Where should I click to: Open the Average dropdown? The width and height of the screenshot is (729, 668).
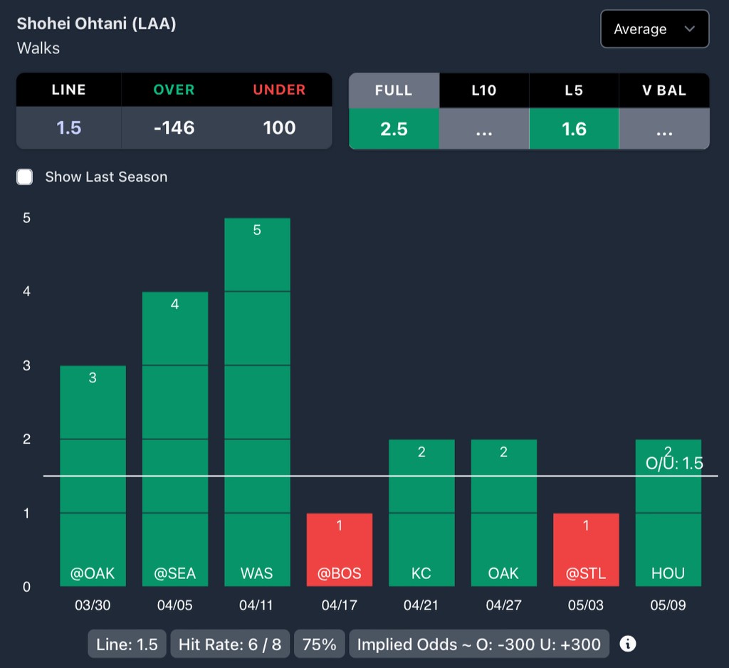(x=654, y=29)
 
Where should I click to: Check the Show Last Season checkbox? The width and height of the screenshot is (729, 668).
(x=25, y=177)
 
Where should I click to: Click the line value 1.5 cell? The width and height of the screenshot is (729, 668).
(x=69, y=127)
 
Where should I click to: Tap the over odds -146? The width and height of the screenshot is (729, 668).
(x=174, y=127)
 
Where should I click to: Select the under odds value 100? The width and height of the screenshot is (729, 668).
(x=279, y=127)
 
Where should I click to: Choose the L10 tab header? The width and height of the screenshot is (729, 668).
(x=484, y=90)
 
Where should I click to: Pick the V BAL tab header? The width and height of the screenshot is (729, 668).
(x=664, y=90)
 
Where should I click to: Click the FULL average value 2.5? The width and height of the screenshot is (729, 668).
(x=394, y=129)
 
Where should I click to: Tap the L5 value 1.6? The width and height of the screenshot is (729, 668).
(x=574, y=129)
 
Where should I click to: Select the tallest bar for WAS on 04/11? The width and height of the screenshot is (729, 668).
(x=257, y=402)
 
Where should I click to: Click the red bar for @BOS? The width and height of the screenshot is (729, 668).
(x=340, y=550)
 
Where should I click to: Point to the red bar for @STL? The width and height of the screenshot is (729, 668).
(x=586, y=550)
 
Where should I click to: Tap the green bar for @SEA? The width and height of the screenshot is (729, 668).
(x=175, y=439)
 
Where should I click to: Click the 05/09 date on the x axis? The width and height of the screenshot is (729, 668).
(x=668, y=606)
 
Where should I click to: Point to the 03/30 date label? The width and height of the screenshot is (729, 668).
(x=93, y=606)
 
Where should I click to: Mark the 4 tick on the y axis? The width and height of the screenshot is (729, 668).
(x=26, y=291)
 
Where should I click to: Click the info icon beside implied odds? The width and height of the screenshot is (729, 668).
(x=627, y=644)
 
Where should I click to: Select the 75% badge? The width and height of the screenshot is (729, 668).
(x=319, y=644)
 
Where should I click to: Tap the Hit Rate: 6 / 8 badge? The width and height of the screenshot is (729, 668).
(x=229, y=644)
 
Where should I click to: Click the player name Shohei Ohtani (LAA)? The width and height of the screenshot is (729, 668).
(x=96, y=24)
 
